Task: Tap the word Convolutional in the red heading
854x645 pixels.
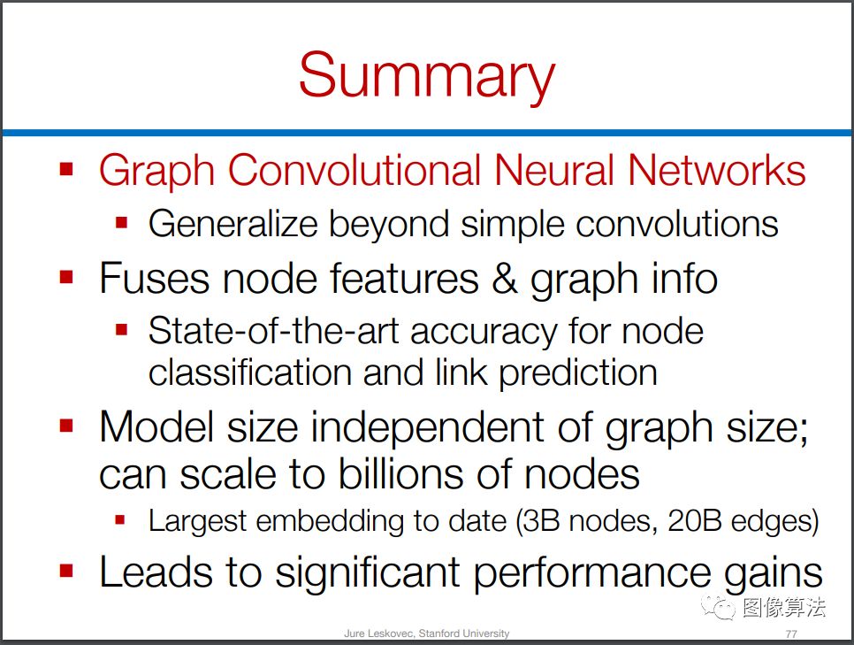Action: [354, 170]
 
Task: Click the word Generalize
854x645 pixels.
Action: [233, 225]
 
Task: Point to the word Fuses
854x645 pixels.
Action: [154, 278]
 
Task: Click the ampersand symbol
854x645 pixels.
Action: [504, 278]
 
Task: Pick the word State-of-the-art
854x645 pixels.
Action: [273, 331]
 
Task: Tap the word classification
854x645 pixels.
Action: [250, 372]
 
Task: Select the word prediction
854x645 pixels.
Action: [578, 373]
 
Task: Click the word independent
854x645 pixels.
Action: [428, 427]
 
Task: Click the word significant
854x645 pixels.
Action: [368, 573]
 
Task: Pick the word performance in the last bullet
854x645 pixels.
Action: [592, 573]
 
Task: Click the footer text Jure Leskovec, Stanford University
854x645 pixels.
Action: [426, 633]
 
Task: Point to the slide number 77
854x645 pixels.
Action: [791, 633]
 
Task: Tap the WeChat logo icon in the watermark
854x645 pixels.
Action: [717, 607]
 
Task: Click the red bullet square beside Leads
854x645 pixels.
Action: [66, 571]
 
